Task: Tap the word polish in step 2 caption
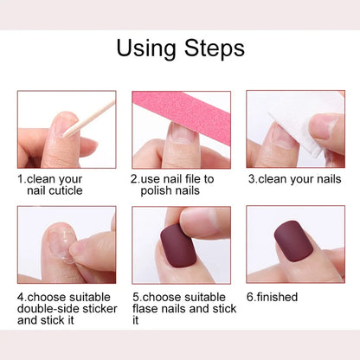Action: [148, 190]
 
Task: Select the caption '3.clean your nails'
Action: [293, 179]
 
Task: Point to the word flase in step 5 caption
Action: [146, 308]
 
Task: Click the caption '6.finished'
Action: [272, 297]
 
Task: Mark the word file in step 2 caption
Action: [195, 179]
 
